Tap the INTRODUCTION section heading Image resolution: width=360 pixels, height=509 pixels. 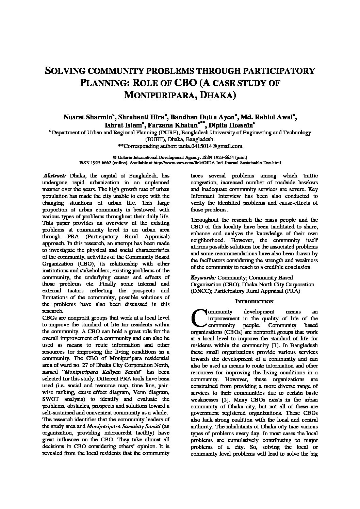pos(254,302)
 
